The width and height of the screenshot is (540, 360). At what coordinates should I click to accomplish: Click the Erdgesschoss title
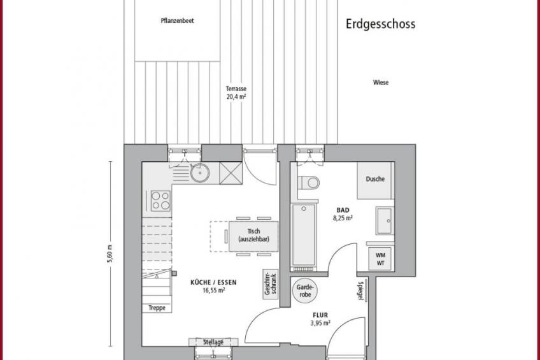coord(381,24)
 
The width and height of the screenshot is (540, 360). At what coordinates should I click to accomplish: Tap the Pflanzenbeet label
coord(178,20)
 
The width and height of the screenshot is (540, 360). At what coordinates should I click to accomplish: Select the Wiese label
coord(381,82)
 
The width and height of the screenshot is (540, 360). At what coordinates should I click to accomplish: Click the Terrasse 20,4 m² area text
coord(236,92)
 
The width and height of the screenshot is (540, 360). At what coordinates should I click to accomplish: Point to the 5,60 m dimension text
coord(110,254)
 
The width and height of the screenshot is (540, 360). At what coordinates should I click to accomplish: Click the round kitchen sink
coord(200,173)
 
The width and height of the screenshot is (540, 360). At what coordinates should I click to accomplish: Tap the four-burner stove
coord(160,201)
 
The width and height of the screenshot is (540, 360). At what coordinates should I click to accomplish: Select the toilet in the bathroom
coord(309,183)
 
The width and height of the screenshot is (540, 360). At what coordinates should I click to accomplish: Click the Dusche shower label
coord(375,179)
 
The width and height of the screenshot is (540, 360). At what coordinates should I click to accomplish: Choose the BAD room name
coord(343,210)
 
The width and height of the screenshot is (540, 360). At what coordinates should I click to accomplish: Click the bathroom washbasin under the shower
coord(385,220)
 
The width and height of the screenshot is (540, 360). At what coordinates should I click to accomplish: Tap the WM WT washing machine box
coord(381,259)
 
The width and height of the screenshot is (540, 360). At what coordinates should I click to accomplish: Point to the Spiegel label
coord(360,291)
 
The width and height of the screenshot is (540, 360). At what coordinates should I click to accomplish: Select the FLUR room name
coord(320,315)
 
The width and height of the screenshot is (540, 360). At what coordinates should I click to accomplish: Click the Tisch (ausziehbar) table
coord(253,236)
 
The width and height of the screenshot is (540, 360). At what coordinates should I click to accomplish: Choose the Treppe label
coord(157,308)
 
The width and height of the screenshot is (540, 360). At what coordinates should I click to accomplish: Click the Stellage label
coord(213,342)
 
